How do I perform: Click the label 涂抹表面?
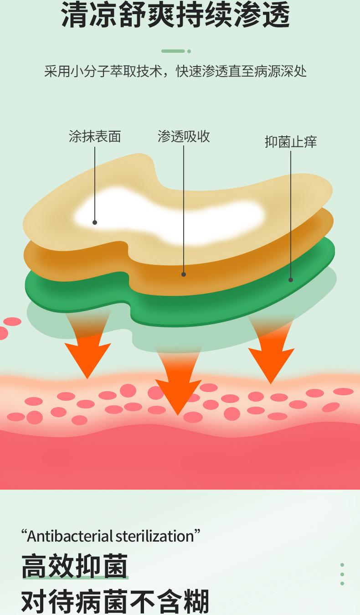[95, 136]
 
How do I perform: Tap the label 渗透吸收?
[184, 136]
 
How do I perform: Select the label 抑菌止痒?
[291, 142]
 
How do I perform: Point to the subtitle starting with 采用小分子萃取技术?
[175, 72]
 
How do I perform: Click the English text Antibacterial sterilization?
[111, 536]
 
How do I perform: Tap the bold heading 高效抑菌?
[74, 566]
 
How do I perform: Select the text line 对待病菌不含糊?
[115, 601]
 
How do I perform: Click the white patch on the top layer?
[169, 214]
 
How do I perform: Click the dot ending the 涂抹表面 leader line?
[95, 222]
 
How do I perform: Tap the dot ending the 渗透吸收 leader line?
[184, 274]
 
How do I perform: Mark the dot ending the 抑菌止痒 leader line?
[291, 280]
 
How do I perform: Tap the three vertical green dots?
[342, 574]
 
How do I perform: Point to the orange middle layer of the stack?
[219, 269]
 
